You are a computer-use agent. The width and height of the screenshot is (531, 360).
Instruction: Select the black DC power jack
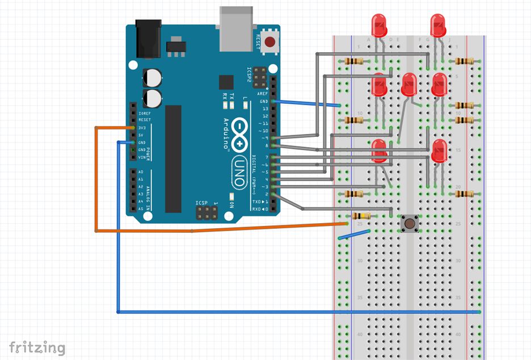click(146, 39)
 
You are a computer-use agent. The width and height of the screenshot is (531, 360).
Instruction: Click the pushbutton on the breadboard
click(408, 223)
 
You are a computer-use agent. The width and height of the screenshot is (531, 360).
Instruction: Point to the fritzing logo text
click(37, 346)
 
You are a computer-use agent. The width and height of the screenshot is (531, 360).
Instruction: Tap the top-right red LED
click(438, 26)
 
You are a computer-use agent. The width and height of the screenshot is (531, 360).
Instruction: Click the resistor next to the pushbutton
click(361, 216)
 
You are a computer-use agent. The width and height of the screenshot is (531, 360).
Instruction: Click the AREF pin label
click(262, 94)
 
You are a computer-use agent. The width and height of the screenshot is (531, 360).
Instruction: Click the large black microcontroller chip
click(173, 159)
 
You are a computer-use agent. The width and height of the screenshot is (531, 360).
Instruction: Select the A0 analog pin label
click(140, 172)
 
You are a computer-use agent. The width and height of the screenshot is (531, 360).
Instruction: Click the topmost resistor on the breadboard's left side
click(355, 61)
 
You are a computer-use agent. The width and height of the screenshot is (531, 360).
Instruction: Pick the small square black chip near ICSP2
click(226, 82)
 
